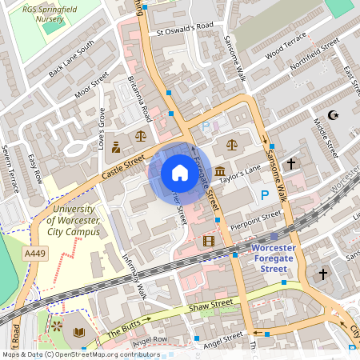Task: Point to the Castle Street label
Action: (122, 167)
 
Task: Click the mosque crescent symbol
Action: (334, 115)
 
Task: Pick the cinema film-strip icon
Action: (209, 241)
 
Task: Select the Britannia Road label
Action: (140, 96)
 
